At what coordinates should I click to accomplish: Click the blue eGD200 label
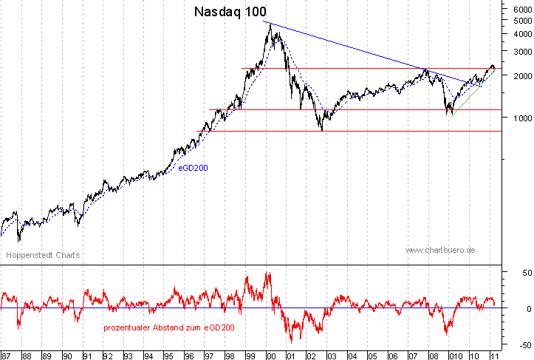(x=192, y=168)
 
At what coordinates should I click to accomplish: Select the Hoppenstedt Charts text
(x=43, y=255)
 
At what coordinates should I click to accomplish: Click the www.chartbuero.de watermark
(x=440, y=251)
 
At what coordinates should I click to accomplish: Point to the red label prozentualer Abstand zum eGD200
(x=168, y=327)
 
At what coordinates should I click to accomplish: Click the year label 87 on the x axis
(x=6, y=354)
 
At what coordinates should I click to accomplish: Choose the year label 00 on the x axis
(x=270, y=354)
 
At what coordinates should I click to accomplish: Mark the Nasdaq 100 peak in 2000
(x=270, y=24)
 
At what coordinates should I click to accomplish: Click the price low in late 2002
(x=322, y=130)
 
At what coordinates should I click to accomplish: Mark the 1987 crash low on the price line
(x=19, y=240)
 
